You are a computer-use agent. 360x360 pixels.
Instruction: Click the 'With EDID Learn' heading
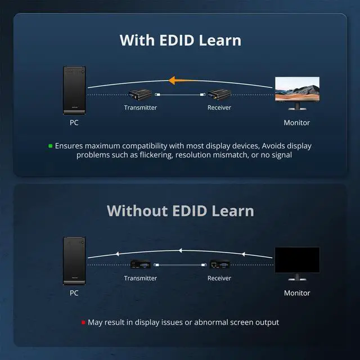[180, 40]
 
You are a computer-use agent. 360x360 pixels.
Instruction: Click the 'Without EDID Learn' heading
[180, 211]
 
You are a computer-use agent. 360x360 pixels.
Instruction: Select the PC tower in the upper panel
[74, 90]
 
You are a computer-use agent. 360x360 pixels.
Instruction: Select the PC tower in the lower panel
[74, 260]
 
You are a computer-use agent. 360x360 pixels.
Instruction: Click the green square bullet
[50, 146]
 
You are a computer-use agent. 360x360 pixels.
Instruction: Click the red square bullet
[83, 322]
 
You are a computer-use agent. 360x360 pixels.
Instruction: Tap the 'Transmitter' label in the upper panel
[140, 107]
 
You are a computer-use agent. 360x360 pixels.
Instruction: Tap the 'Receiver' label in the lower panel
[219, 278]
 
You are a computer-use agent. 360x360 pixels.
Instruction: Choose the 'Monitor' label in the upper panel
[296, 122]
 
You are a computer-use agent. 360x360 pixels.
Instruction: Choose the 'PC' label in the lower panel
[74, 292]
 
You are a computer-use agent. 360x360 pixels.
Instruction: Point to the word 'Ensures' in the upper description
[69, 146]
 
